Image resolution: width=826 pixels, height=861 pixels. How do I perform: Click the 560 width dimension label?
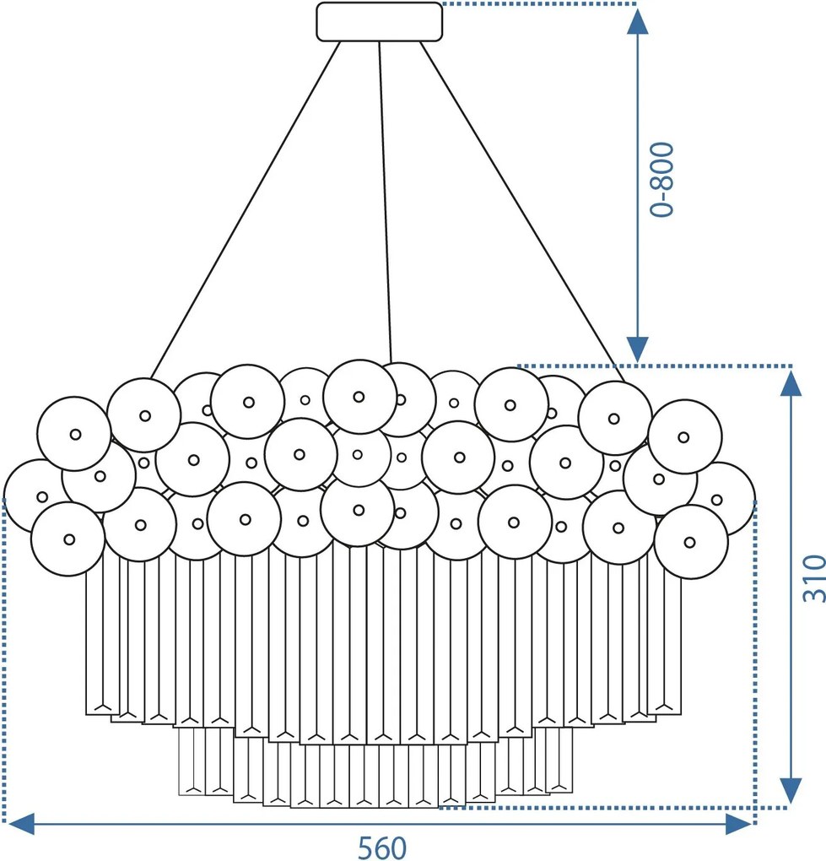click(382, 847)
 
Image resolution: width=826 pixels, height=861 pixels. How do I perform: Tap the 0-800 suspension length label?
click(661, 179)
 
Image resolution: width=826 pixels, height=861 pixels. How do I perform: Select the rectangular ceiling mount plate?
click(379, 21)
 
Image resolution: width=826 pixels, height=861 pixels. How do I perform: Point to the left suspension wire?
click(246, 209)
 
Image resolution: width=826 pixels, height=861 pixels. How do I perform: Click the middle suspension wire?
click(384, 202)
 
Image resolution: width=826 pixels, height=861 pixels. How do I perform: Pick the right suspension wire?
click(523, 211)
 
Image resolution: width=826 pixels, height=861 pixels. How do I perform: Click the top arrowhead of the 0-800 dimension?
click(637, 21)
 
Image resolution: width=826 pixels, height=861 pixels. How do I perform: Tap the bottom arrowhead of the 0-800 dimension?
click(637, 349)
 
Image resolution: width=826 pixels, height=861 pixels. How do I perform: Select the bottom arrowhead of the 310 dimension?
click(791, 791)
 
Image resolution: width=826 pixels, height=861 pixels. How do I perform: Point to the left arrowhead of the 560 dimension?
click(22, 824)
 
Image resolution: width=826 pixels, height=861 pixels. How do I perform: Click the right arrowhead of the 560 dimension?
click(738, 824)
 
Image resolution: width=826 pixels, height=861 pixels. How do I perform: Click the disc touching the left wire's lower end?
click(143, 415)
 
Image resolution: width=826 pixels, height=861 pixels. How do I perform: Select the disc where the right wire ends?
click(615, 418)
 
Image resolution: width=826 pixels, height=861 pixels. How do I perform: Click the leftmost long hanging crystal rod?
click(94, 642)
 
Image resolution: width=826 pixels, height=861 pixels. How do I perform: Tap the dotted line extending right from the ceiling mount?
click(539, 4)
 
